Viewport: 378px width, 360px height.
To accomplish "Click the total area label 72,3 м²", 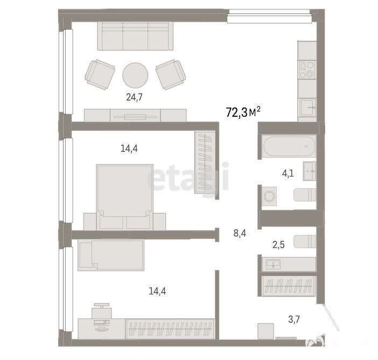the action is click(x=243, y=112).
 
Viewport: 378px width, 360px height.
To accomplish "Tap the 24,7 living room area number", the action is click(x=134, y=97).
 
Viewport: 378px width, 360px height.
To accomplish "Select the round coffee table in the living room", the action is click(x=135, y=75).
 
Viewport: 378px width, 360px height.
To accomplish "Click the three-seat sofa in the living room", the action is click(x=135, y=36).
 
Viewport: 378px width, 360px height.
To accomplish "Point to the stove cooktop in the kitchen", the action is click(x=307, y=69).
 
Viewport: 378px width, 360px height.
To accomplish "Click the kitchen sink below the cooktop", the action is click(x=307, y=108).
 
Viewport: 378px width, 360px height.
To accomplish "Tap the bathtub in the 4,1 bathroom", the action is click(x=289, y=146).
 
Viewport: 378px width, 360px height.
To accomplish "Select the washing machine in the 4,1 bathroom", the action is click(x=269, y=196).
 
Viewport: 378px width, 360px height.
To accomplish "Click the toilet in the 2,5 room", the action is click(x=305, y=242).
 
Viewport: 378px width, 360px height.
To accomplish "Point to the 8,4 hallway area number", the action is click(x=240, y=233).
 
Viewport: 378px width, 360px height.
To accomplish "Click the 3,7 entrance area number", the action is click(x=294, y=319).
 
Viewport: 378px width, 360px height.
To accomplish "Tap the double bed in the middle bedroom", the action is click(x=124, y=197).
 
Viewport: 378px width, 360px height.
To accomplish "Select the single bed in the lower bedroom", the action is click(x=111, y=255).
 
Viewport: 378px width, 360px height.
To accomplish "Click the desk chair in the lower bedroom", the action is click(x=102, y=311).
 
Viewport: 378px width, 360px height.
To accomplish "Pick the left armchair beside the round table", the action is click(x=100, y=74).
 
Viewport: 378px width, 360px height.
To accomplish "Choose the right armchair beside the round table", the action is click(x=171, y=74).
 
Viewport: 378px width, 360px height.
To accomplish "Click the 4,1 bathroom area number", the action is click(x=288, y=173).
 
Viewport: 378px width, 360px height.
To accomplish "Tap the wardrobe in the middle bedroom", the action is click(x=205, y=162).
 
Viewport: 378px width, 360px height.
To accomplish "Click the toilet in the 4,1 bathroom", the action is click(x=305, y=195).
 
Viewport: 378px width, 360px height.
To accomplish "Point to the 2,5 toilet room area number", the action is click(x=278, y=245).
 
